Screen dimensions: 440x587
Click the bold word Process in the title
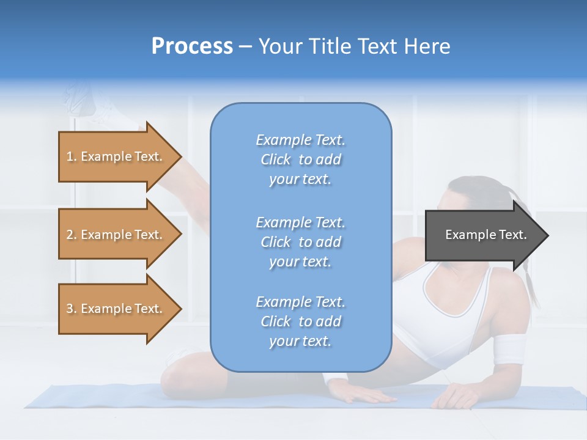pyautogui.click(x=192, y=46)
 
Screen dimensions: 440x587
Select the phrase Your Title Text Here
pyautogui.click(x=354, y=46)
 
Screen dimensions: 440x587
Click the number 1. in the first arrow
pyautogui.click(x=72, y=156)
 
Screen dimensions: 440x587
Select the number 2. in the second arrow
pyautogui.click(x=72, y=235)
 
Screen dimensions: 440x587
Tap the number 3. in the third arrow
pyautogui.click(x=72, y=309)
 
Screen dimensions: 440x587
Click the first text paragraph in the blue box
pyautogui.click(x=300, y=159)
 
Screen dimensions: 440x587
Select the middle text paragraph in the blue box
pyautogui.click(x=300, y=242)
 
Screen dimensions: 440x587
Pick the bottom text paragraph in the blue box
pyautogui.click(x=300, y=321)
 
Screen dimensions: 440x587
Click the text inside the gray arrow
pyautogui.click(x=485, y=235)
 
